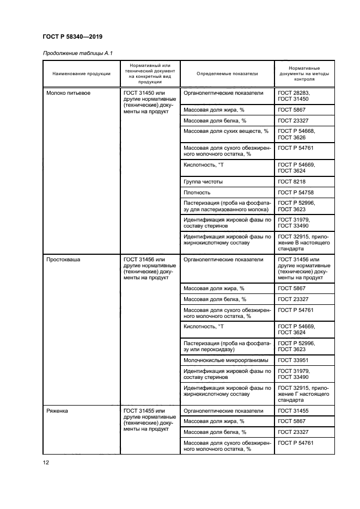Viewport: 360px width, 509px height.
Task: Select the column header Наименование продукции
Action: click(82, 73)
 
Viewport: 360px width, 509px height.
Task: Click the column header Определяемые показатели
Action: click(227, 73)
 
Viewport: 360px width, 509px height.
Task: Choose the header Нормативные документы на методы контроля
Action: click(304, 73)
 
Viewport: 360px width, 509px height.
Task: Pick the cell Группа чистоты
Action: click(203, 182)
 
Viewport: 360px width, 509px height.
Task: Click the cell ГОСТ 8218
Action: click(292, 182)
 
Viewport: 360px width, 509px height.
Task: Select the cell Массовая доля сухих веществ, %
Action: click(226, 131)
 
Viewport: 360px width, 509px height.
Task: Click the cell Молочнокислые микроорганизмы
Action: click(225, 360)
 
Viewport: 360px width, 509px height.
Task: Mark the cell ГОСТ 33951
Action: click(293, 360)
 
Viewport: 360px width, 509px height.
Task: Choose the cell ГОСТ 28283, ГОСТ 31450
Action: click(294, 96)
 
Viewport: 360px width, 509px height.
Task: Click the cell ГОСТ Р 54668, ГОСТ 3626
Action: click(296, 134)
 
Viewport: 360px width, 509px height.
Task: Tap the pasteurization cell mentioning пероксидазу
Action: click(227, 346)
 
